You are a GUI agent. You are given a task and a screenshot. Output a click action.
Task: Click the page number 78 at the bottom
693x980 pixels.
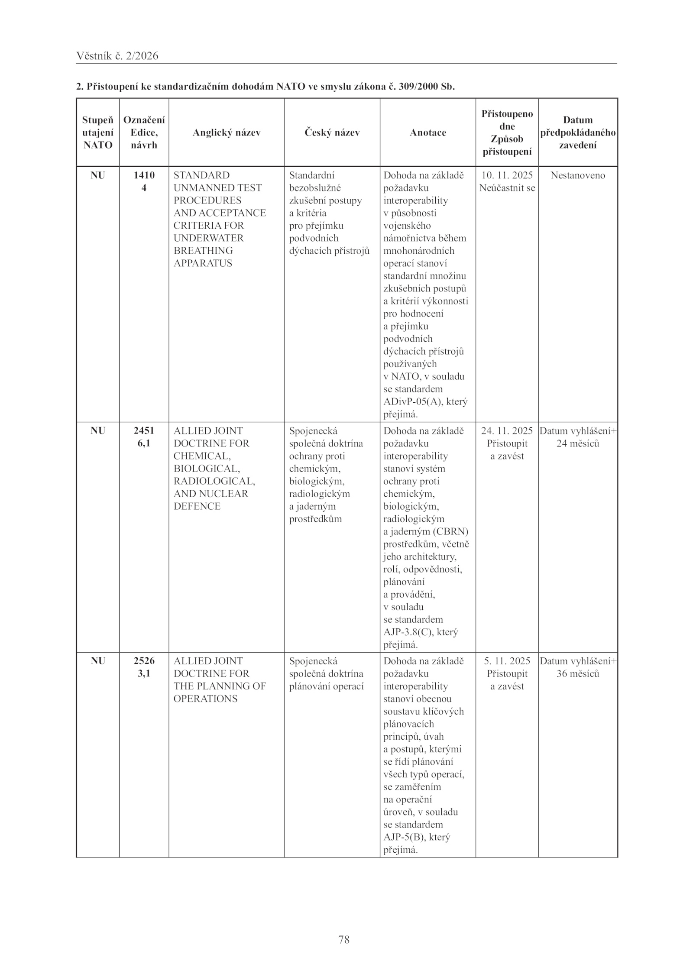pyautogui.click(x=344, y=939)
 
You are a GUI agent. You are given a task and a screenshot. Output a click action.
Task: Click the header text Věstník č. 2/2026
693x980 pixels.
pyautogui.click(x=117, y=56)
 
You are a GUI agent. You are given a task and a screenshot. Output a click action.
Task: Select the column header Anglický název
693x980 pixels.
pyautogui.click(x=227, y=133)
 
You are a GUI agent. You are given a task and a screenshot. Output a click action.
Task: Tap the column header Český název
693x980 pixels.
pyautogui.click(x=332, y=133)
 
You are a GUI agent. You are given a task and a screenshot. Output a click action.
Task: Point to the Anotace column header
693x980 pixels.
pyautogui.click(x=427, y=133)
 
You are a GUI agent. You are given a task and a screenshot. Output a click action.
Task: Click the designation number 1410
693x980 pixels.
pyautogui.click(x=144, y=175)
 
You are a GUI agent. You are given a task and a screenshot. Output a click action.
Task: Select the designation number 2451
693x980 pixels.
pyautogui.click(x=144, y=430)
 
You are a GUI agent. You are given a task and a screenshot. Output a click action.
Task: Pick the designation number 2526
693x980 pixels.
pyautogui.click(x=144, y=661)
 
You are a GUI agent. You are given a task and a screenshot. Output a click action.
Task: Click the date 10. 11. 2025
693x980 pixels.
pyautogui.click(x=507, y=175)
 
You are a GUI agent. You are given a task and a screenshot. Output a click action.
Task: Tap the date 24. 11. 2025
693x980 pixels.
pyautogui.click(x=507, y=430)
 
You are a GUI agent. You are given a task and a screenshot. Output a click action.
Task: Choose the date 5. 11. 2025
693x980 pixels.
pyautogui.click(x=507, y=661)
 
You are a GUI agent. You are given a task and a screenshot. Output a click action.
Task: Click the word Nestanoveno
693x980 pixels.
pyautogui.click(x=578, y=175)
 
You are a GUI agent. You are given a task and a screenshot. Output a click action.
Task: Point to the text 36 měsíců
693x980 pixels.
pyautogui.click(x=578, y=673)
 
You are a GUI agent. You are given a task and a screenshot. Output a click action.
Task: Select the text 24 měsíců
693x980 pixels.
pyautogui.click(x=578, y=443)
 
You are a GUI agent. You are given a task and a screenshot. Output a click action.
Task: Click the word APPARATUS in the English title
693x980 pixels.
pyautogui.click(x=203, y=263)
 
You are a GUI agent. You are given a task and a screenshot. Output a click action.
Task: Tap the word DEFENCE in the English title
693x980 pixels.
pyautogui.click(x=197, y=506)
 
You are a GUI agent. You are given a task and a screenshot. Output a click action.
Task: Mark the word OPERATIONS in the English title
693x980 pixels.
pyautogui.click(x=205, y=699)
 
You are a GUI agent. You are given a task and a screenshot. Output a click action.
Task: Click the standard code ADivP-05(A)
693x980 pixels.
pyautogui.click(x=411, y=401)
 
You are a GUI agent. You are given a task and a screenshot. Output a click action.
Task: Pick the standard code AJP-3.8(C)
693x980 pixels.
pyautogui.click(x=408, y=632)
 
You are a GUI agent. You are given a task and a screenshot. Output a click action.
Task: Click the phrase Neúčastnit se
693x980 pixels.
pyautogui.click(x=507, y=188)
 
